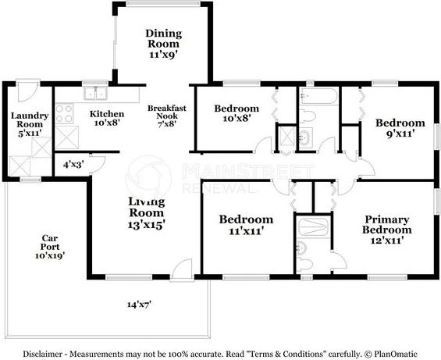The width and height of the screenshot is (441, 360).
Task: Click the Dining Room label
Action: coord(164,39)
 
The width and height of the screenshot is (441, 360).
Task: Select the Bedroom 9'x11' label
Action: coord(400,128)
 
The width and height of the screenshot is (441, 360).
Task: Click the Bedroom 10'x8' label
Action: coord(236,114)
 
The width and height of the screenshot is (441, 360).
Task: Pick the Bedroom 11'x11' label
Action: coord(245,225)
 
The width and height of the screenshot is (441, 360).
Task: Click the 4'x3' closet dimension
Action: coord(73,165)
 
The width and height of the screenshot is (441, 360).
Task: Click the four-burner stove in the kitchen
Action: coord(64,114)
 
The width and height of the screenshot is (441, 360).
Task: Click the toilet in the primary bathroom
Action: coord(303,252)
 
